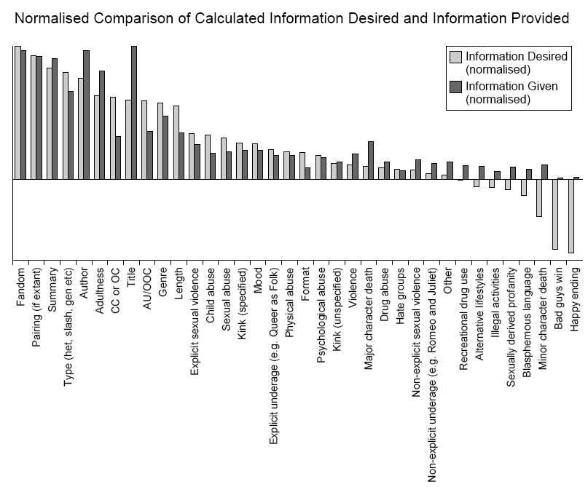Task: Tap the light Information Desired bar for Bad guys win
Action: click(x=555, y=214)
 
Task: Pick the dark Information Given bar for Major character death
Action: click(x=371, y=159)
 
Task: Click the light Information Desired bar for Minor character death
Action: click(x=539, y=197)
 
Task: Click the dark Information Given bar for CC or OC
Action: click(x=118, y=157)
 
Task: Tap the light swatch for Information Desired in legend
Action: click(x=456, y=57)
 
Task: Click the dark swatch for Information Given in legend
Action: click(x=456, y=87)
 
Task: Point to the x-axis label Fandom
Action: click(x=21, y=286)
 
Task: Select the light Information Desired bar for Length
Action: click(x=176, y=142)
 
